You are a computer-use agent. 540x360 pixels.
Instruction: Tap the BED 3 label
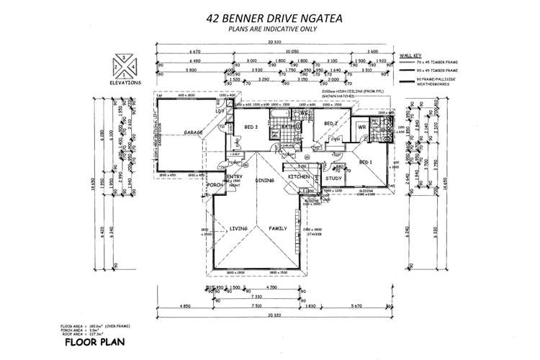tap(251, 127)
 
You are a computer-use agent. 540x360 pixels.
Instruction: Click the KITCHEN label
tap(299, 176)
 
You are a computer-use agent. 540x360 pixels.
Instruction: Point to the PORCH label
tap(215, 184)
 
